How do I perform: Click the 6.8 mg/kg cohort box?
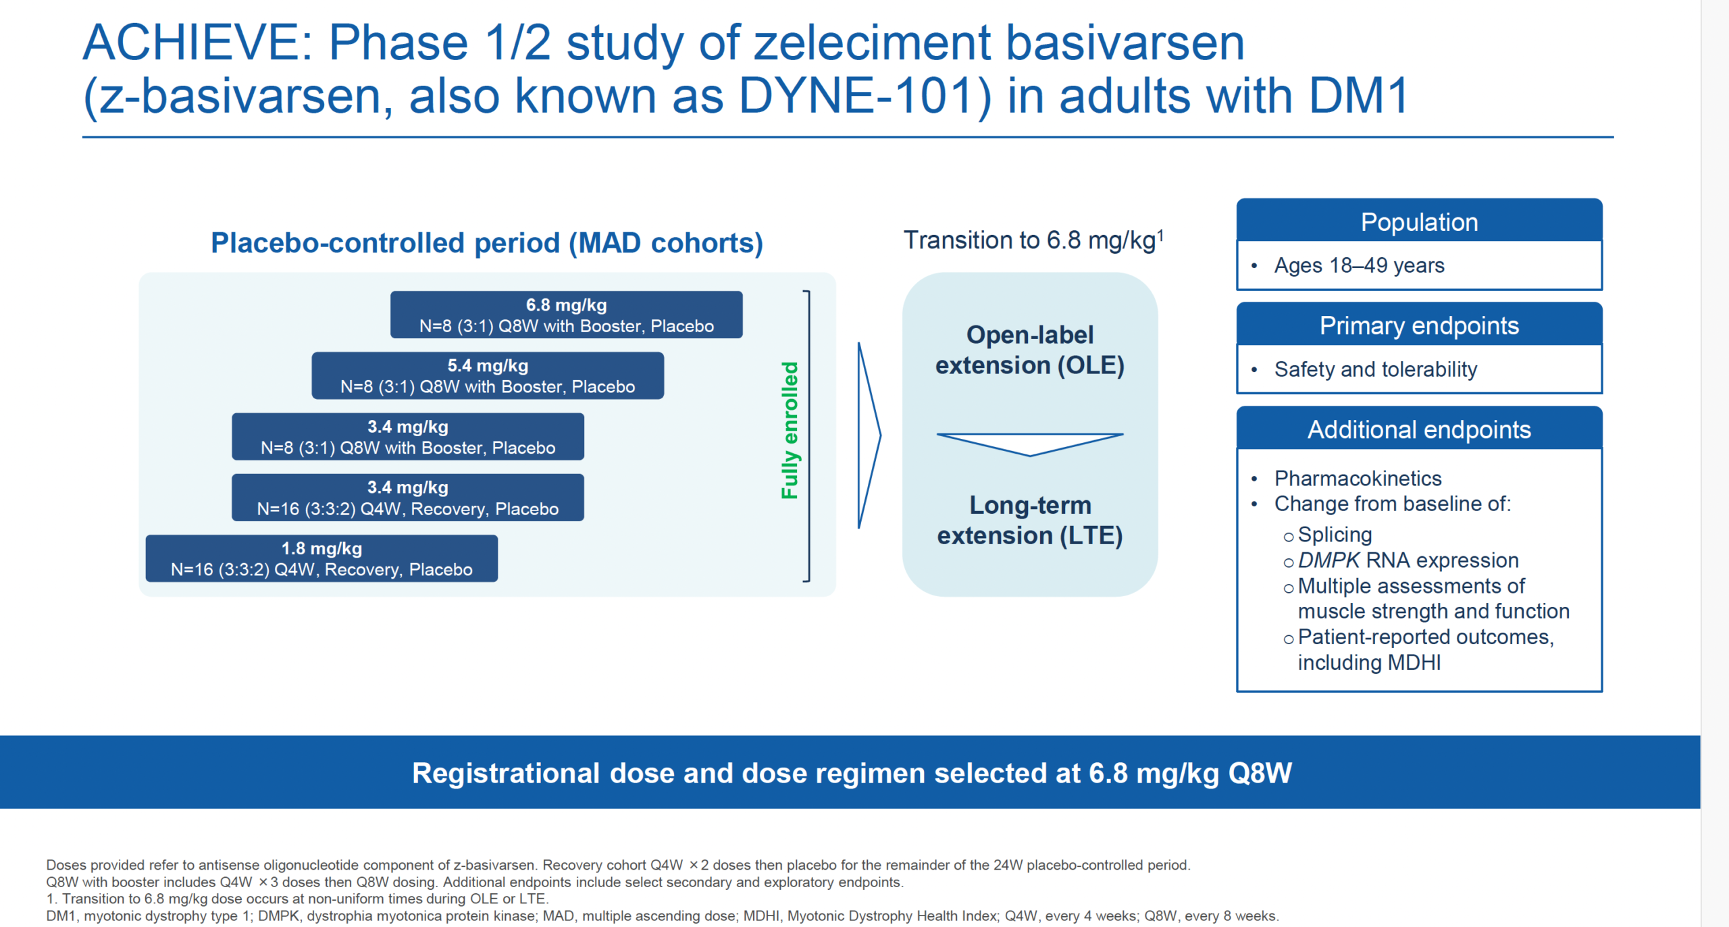(x=566, y=315)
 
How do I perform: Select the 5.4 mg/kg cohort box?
(x=487, y=375)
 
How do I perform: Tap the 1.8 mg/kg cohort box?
(x=321, y=558)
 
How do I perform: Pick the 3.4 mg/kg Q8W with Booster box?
(x=407, y=436)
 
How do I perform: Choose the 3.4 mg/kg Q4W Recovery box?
(x=407, y=498)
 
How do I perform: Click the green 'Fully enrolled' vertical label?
(x=790, y=430)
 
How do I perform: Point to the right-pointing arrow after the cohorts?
(x=869, y=435)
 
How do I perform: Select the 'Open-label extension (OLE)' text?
(x=1029, y=350)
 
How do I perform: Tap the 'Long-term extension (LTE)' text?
(x=1029, y=520)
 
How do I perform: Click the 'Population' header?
(x=1418, y=222)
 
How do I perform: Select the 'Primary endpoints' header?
(x=1418, y=325)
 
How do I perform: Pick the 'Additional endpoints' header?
(x=1418, y=429)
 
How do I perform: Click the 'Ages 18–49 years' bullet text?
(x=1358, y=265)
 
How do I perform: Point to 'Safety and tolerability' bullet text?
(x=1375, y=369)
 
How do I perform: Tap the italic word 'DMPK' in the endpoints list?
(x=1328, y=560)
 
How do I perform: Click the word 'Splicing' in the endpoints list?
(x=1335, y=535)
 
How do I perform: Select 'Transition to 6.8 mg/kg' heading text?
(x=1029, y=240)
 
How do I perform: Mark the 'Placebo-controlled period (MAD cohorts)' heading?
(x=486, y=243)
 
